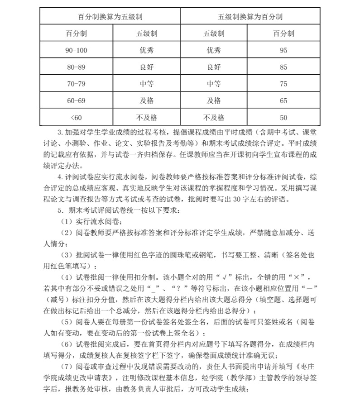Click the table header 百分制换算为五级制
[x=110, y=17]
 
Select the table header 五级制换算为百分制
[x=250, y=17]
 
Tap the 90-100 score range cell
[x=76, y=50]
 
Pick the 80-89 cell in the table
[x=76, y=67]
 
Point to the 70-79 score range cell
[x=76, y=84]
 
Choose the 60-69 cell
[x=76, y=100]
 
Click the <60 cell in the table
[x=76, y=117]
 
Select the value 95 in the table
[x=283, y=50]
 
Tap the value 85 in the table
[x=283, y=67]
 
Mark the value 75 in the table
[x=283, y=84]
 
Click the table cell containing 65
[x=283, y=100]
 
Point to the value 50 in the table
[x=283, y=117]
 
